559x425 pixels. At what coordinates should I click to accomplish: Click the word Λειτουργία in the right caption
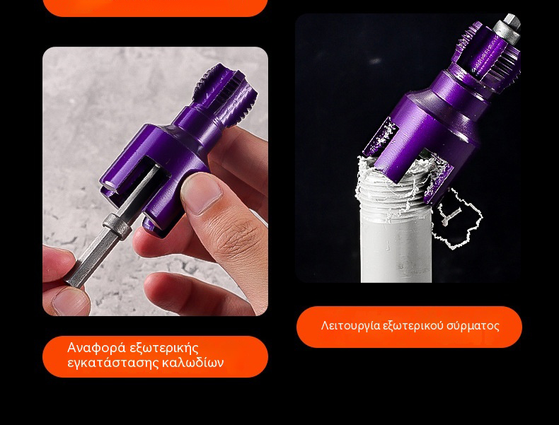click(350, 325)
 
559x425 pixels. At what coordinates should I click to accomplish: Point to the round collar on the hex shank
click(117, 226)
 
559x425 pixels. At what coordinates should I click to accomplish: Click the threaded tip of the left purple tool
click(224, 94)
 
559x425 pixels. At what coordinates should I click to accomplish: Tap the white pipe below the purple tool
click(396, 246)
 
